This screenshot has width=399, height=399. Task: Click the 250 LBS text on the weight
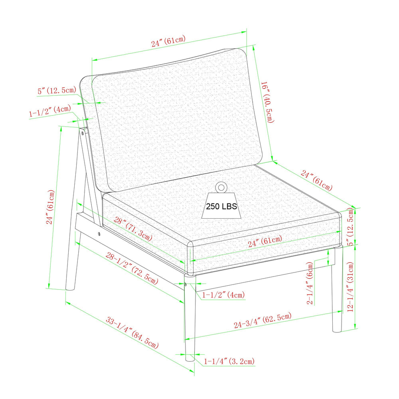(221, 206)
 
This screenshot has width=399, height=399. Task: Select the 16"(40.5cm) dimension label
(268, 102)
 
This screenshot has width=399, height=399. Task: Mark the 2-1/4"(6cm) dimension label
(310, 283)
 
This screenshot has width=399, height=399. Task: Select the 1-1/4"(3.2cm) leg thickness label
(229, 361)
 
